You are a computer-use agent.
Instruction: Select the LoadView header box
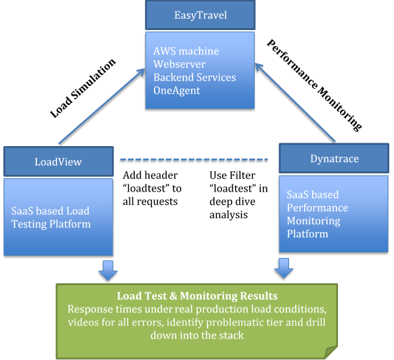point(58,161)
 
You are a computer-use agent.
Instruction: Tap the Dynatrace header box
point(334,159)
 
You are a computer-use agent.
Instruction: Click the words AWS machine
point(186,51)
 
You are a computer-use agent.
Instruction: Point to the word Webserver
point(180,64)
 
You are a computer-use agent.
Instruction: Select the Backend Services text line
point(195,77)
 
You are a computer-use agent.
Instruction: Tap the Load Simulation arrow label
point(82,88)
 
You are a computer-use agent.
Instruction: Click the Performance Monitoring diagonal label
point(315,85)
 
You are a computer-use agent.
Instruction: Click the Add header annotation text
point(152,188)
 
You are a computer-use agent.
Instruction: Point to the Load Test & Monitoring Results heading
point(196,296)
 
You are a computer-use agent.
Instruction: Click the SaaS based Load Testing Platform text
point(50,217)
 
